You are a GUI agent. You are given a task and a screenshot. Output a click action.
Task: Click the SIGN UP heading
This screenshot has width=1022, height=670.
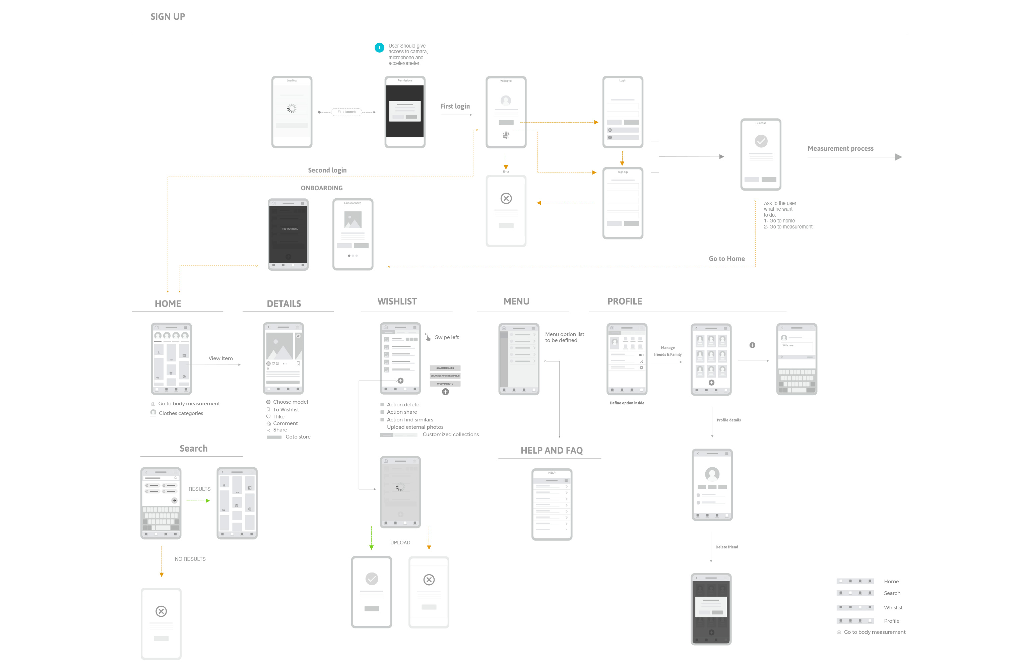168,17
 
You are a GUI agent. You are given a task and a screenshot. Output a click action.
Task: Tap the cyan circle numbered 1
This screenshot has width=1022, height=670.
379,48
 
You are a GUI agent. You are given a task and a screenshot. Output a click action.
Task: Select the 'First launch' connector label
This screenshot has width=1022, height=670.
346,112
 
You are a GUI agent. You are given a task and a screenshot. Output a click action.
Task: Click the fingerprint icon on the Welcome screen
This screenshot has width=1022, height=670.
506,136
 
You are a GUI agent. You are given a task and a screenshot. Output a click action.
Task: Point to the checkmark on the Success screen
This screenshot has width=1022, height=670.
761,141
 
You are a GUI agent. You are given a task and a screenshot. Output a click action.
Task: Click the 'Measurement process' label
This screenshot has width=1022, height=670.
840,148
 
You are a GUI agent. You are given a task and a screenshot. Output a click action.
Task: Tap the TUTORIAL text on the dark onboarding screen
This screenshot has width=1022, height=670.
290,229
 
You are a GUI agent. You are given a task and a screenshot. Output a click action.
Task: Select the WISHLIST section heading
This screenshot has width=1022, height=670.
397,301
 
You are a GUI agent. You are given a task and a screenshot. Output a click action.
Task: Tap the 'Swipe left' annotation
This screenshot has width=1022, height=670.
447,337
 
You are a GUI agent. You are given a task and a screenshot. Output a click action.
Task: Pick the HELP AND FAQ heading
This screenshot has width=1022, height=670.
551,450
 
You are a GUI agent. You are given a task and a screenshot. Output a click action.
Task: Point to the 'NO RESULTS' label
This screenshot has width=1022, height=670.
190,559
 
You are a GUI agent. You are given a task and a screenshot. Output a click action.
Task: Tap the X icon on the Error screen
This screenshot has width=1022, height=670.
506,198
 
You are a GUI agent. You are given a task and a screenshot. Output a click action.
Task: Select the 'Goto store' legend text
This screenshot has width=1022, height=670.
298,437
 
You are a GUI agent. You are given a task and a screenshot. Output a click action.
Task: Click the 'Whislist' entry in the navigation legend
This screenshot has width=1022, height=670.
893,608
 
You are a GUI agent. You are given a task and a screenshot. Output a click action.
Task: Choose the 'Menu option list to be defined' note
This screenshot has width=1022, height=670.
564,337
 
